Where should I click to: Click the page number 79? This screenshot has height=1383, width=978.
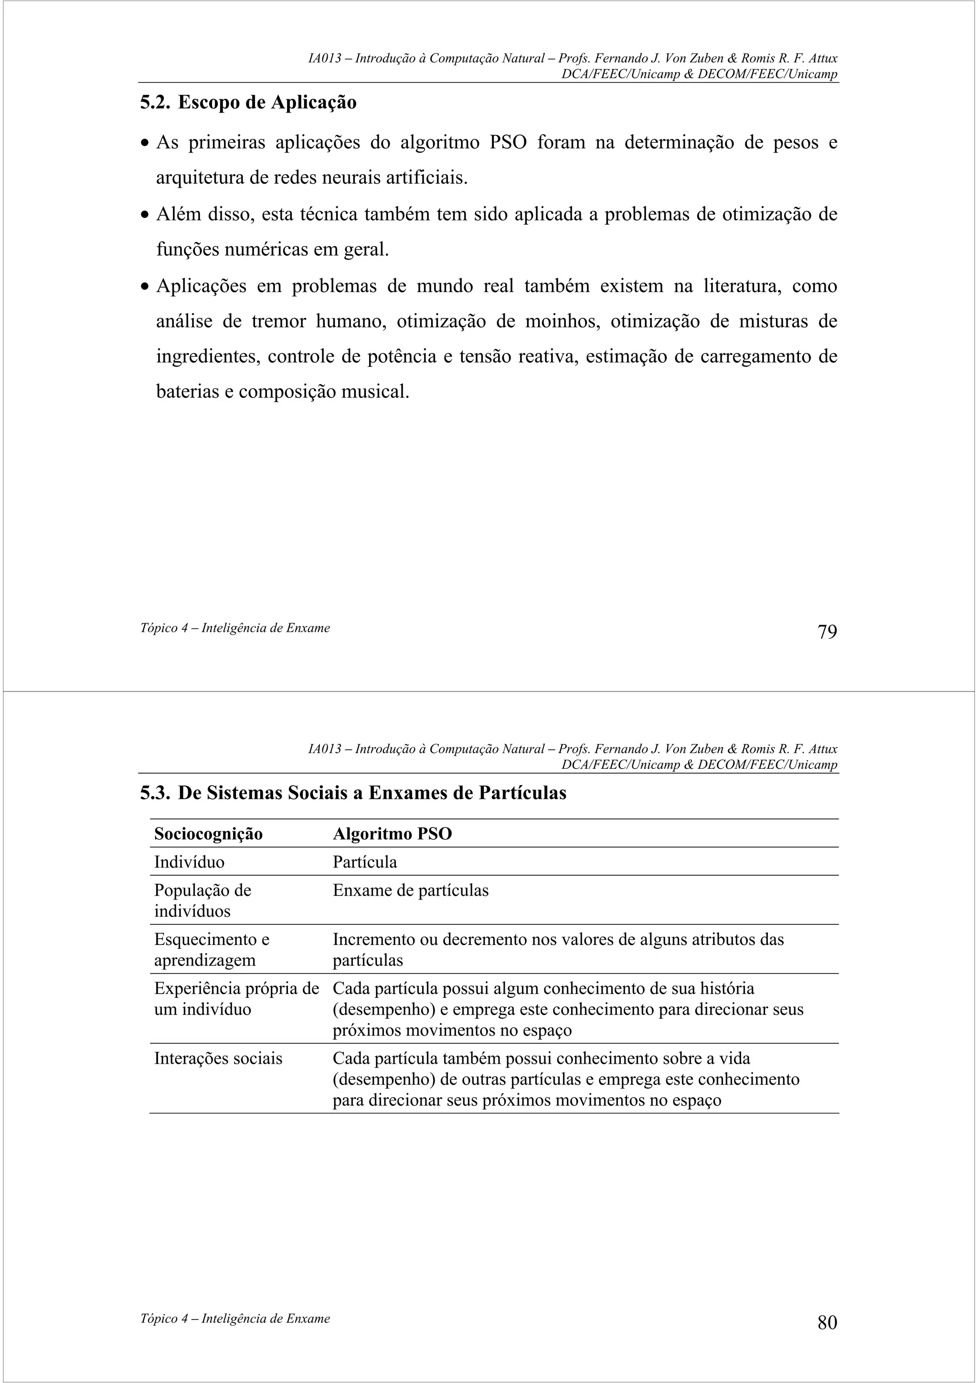tap(827, 632)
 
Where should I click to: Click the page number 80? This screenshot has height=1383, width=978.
tap(827, 1322)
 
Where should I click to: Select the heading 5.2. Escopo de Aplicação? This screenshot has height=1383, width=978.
tap(248, 103)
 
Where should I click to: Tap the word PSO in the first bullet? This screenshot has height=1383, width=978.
tap(508, 143)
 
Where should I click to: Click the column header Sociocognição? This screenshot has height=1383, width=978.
tap(209, 834)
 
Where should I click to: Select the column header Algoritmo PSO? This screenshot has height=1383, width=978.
tap(392, 834)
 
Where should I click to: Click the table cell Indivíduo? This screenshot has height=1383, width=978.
tap(189, 862)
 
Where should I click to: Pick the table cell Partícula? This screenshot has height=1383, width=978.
tap(364, 862)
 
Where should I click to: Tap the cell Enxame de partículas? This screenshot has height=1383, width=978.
tap(410, 891)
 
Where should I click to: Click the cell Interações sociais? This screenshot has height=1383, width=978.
tap(218, 1058)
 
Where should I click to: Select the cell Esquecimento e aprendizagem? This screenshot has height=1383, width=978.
tap(212, 949)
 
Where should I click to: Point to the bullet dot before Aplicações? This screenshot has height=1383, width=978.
tap(144, 287)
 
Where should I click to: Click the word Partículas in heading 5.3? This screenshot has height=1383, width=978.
tap(522, 793)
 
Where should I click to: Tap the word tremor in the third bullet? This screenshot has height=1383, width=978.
tap(278, 321)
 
